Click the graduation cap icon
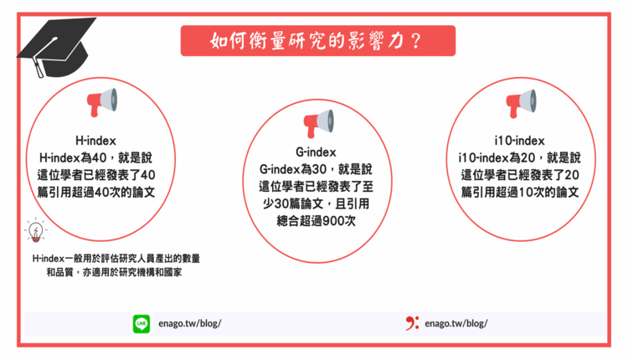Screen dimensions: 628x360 tap(56, 47)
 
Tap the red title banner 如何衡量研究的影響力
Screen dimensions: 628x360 tap(318, 41)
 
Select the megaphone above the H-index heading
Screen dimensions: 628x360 tap(102, 102)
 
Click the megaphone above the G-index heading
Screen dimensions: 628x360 tap(319, 124)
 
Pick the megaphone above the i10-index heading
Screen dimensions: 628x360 tap(521, 103)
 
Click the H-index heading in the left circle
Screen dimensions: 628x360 tap(95, 141)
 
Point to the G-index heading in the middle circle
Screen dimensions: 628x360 tap(316, 152)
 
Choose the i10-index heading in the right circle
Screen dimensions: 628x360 tap(519, 141)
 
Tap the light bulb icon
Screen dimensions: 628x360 tap(36, 230)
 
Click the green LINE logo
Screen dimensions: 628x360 tap(142, 323)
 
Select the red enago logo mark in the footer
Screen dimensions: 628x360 tap(412, 323)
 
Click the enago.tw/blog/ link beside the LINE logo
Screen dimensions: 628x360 tap(190, 323)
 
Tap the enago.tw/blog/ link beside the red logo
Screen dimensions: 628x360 tap(456, 323)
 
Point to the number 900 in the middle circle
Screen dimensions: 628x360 tap(333, 221)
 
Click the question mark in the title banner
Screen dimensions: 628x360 tap(415, 41)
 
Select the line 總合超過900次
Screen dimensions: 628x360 tap(316, 221)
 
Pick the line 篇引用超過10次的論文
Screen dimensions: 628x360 tap(520, 193)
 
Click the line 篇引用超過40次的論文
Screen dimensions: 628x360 tap(96, 193)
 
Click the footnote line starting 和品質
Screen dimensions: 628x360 tap(114, 272)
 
